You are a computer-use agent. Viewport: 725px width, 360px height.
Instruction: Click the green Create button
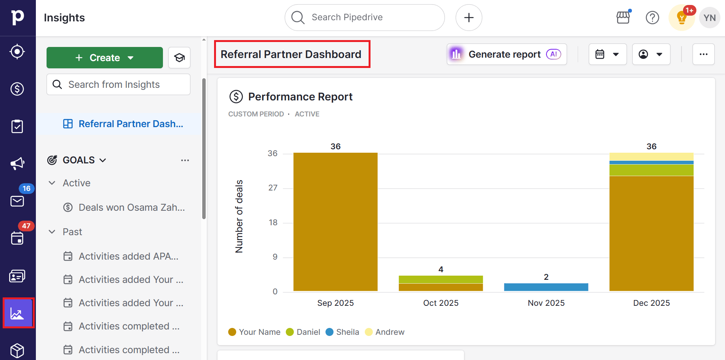click(105, 58)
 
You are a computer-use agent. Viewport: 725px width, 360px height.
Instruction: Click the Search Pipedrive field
click(364, 18)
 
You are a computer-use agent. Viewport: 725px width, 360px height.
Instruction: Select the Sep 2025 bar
click(335, 221)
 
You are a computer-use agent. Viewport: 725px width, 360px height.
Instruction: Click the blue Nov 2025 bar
click(546, 287)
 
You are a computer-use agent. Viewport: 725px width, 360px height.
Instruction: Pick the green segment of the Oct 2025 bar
click(441, 279)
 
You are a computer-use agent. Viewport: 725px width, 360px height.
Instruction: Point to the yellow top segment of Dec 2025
click(651, 157)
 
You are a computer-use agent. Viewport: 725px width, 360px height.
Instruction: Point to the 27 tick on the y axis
click(273, 188)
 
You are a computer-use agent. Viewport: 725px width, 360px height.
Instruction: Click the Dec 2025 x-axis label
click(651, 303)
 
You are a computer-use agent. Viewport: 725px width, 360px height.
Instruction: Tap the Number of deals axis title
click(239, 216)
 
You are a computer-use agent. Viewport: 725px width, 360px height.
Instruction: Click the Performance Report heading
click(300, 97)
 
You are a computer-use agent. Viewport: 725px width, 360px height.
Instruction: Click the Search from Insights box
click(118, 84)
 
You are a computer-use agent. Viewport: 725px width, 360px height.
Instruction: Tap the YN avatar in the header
click(709, 18)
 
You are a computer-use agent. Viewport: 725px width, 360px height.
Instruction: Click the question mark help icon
click(652, 18)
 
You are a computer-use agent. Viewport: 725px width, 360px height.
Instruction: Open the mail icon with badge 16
click(17, 201)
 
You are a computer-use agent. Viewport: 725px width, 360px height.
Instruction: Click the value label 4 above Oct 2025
click(441, 270)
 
